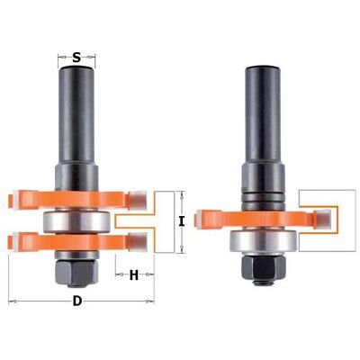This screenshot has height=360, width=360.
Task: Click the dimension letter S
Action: click(x=76, y=57)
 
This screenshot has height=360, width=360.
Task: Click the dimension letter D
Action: click(x=77, y=301)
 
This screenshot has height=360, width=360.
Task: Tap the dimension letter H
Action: click(x=134, y=274)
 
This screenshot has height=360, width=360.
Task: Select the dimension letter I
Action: click(x=181, y=221)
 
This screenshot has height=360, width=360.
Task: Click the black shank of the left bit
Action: click(x=76, y=115)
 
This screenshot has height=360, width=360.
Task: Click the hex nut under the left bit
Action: click(x=76, y=273)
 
